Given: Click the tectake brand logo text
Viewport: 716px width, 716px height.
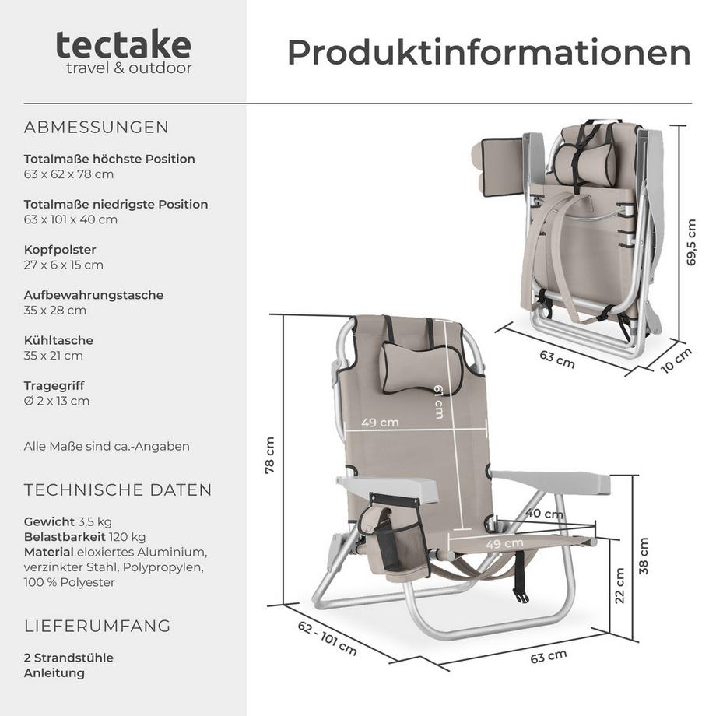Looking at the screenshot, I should coord(123,45).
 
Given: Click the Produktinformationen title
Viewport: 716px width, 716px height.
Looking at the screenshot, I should coord(489,52).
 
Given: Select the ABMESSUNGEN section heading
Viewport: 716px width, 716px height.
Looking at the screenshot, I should coord(97,127).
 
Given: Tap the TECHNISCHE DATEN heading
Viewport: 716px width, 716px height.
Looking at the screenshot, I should coord(118,490).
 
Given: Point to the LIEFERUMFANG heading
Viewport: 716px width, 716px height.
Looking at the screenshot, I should coord(97,626).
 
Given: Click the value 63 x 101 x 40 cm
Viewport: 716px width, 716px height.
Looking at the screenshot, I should coord(71,219).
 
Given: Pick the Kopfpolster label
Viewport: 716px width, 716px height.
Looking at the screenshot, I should coord(60,250).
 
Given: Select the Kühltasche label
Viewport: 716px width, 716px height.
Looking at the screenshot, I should coord(58,340).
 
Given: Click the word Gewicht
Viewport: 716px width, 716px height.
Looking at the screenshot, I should coord(49,521).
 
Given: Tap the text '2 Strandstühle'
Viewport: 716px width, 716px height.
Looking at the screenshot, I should coord(68,658).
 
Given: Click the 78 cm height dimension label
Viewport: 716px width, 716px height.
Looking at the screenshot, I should coord(270,455).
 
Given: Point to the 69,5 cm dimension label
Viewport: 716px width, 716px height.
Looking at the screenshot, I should coord(691,242).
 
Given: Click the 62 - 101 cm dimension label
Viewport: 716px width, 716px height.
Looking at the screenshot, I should coord(326,638).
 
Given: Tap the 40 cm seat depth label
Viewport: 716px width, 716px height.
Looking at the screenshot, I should coord(544,514).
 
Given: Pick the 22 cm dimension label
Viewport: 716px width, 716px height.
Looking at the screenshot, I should coord(619,586).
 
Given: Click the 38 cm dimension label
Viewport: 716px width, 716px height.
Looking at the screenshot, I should coord(643,556).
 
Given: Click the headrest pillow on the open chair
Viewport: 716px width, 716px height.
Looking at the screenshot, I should coord(421,365).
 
